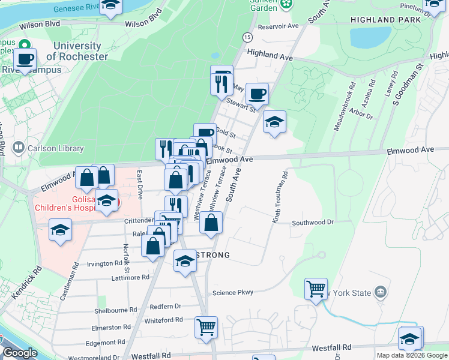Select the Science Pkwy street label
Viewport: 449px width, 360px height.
[233, 293]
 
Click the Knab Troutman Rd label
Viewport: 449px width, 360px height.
[280, 197]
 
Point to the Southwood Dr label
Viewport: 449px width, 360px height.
[312, 223]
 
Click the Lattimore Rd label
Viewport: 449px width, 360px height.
[130, 278]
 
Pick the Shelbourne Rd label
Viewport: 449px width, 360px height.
[113, 310]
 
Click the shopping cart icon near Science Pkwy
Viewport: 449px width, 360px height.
[316, 289]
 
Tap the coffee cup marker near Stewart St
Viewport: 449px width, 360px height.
[257, 94]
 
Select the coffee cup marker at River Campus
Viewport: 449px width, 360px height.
[25, 59]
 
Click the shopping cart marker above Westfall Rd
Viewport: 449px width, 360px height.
[206, 328]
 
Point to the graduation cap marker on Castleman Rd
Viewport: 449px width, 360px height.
[60, 230]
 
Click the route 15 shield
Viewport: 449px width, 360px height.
[247, 37]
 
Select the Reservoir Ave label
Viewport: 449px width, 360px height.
[278, 26]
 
